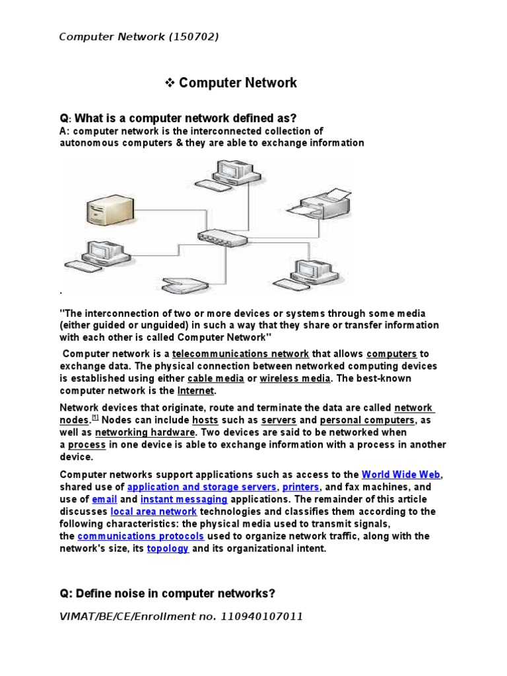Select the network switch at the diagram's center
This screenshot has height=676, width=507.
[221, 237]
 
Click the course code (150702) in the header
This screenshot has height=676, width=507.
[193, 36]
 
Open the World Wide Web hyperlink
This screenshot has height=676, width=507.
[401, 475]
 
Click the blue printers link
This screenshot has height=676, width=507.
[300, 487]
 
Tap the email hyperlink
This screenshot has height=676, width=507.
[104, 500]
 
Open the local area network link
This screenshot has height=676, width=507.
[153, 512]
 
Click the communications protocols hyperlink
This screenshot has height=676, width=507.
[141, 536]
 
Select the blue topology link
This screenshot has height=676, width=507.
[168, 549]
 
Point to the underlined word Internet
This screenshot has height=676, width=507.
[191, 391]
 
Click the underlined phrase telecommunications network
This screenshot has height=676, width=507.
[240, 354]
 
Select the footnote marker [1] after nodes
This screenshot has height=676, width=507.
[95, 418]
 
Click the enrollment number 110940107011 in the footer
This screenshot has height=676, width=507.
[263, 617]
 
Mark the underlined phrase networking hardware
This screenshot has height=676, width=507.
[145, 432]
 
